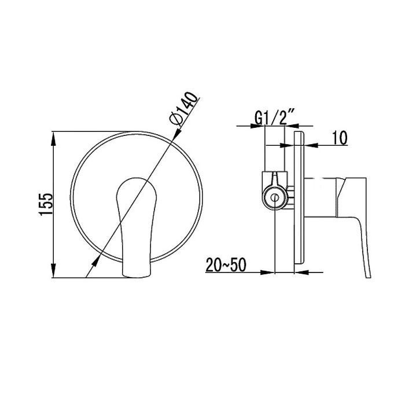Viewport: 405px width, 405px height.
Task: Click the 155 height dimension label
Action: [46, 204]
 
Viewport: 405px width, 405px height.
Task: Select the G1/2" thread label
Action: [275, 117]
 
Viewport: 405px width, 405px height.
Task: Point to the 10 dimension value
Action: [340, 138]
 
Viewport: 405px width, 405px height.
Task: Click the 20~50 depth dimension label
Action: [226, 265]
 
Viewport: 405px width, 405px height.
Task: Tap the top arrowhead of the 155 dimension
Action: [53, 139]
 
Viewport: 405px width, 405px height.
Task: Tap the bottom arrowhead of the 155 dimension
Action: [53, 270]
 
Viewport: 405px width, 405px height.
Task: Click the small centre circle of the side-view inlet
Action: [275, 198]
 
